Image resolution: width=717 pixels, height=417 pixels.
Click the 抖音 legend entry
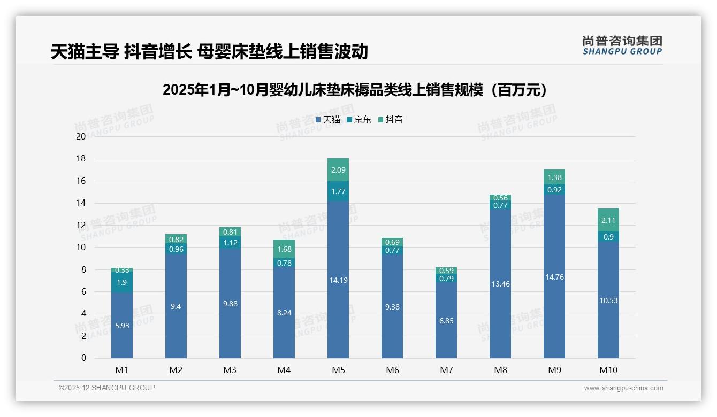[x=391, y=119]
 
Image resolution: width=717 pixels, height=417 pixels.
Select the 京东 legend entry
[x=359, y=119]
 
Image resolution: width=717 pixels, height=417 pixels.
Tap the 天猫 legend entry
[x=327, y=119]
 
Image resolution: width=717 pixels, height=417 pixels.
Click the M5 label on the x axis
[x=338, y=370]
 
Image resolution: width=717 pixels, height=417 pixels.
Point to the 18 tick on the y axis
[x=81, y=159]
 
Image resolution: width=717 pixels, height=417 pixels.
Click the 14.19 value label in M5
[x=338, y=280]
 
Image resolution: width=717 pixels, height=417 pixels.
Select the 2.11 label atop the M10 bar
[x=608, y=220]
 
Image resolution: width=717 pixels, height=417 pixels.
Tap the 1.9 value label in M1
[x=122, y=282]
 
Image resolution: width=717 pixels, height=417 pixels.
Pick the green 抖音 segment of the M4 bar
[x=284, y=249]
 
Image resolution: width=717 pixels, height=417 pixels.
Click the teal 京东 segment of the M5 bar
[x=338, y=191]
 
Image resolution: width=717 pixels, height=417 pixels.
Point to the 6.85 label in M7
[x=446, y=321]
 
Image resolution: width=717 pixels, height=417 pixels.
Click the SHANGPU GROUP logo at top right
[x=622, y=45]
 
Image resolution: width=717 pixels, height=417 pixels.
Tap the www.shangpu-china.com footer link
[x=623, y=388]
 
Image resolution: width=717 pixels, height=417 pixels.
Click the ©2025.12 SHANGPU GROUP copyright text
[x=107, y=388]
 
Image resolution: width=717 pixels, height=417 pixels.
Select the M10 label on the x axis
[x=608, y=370]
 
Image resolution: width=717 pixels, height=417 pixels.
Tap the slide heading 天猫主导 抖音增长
[x=209, y=52]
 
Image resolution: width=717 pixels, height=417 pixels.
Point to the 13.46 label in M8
[x=500, y=284]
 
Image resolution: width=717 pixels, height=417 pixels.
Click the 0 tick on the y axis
[x=83, y=358]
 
